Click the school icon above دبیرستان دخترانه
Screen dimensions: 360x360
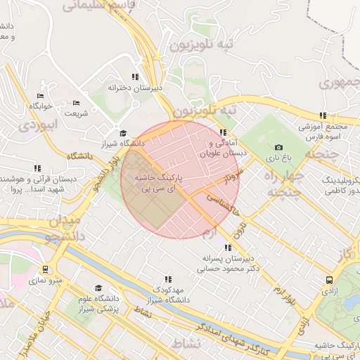click(134, 77)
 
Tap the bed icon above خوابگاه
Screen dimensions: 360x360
click(40, 96)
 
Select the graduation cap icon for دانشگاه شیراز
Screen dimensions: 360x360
click(122, 133)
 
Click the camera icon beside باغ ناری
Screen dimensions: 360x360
click(278, 147)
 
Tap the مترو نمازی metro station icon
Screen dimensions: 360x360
click(45, 269)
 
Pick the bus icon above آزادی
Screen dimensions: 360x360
click(328, 279)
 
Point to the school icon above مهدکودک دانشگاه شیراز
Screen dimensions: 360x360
click(167, 279)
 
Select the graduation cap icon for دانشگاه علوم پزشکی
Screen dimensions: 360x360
click(98, 288)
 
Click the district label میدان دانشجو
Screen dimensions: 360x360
click(67, 229)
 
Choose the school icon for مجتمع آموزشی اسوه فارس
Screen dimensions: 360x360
click(323, 116)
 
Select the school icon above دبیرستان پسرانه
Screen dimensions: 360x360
click(226, 247)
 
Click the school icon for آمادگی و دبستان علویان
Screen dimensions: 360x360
click(223, 132)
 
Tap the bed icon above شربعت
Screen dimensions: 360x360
click(76, 103)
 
